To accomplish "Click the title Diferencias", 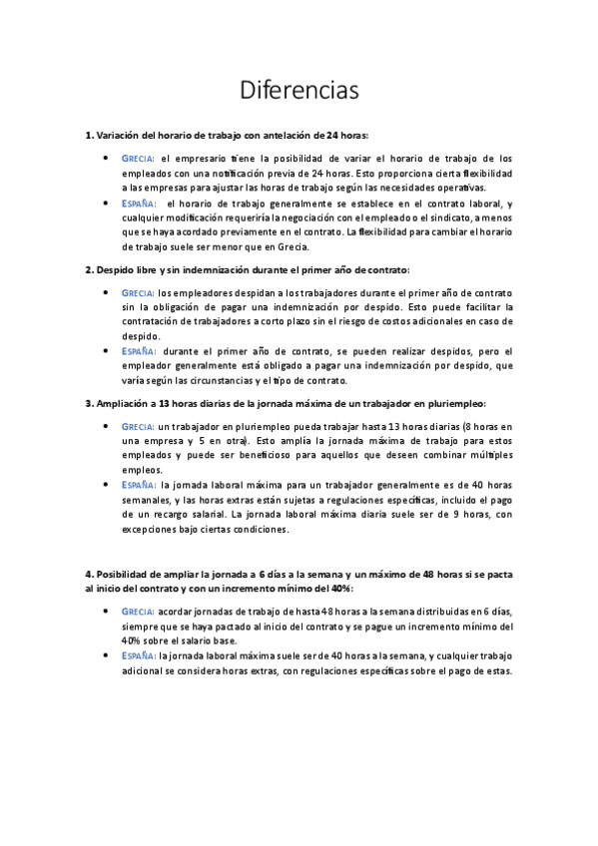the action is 299,90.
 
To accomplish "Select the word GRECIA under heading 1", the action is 138,159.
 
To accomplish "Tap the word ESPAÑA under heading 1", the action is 138,203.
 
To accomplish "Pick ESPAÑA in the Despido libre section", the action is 138,350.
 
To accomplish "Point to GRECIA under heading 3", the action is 138,426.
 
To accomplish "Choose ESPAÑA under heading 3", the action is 138,484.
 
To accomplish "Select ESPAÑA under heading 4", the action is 138,655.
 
